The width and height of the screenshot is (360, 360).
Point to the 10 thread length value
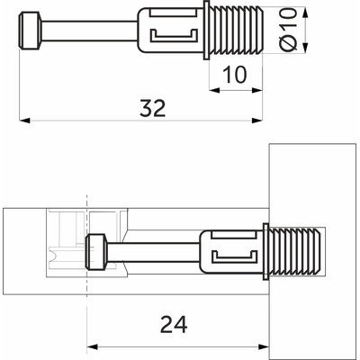[x=233, y=75]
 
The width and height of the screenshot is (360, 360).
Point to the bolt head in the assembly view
[x=97, y=251]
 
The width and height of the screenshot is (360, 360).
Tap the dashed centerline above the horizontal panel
[x=86, y=200]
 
